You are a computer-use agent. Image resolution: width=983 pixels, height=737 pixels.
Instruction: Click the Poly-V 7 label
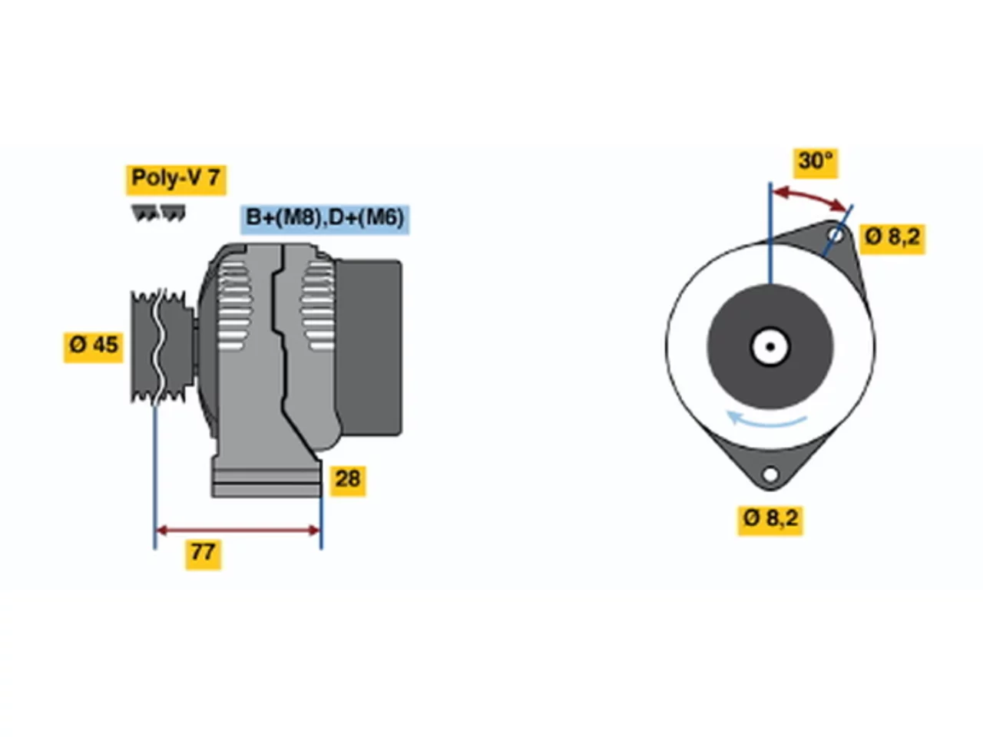coord(176,179)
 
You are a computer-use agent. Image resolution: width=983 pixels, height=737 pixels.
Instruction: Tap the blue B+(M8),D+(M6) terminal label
coord(325,220)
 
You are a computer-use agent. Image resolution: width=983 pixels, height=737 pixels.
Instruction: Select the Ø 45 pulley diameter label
coord(93,347)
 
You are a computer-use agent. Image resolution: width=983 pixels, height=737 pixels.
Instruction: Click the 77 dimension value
coord(204,554)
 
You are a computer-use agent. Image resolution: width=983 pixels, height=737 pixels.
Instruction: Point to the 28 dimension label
coord(348,481)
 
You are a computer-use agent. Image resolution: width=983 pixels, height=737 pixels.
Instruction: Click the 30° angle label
coord(816,163)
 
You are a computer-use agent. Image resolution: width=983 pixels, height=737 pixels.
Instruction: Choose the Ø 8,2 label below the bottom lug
coord(770,520)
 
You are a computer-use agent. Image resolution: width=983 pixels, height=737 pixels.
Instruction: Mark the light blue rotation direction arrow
coord(765,420)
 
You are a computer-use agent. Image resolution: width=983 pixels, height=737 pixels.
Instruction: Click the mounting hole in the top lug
coord(835,234)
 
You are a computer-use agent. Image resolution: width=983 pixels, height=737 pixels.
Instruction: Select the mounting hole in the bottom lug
coord(770,474)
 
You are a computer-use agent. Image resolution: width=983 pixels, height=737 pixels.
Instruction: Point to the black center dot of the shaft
coord(770,347)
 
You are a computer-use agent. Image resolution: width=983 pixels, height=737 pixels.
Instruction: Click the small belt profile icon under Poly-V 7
coord(158,213)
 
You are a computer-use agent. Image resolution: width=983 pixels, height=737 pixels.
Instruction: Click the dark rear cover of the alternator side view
coord(369,348)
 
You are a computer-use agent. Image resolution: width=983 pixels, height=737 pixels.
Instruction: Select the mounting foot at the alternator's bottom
coord(267,479)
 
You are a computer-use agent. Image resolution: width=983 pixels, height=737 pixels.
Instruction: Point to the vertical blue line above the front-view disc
coord(770,233)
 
